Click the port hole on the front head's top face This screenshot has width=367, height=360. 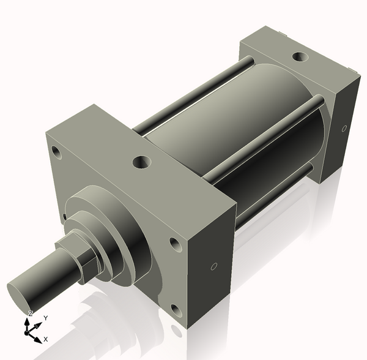[142, 162]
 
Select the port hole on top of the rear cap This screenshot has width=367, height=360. [300, 57]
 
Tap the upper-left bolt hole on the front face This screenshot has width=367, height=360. [56, 151]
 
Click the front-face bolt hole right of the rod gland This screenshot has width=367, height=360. [175, 246]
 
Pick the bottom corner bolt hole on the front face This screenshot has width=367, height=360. [176, 310]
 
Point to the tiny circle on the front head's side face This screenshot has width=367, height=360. [213, 266]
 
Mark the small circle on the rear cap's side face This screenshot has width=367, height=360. [344, 129]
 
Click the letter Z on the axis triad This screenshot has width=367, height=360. [31, 313]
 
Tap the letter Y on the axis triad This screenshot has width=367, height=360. [45, 318]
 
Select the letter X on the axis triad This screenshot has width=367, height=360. [46, 339]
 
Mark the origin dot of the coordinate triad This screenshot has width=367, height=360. [27, 331]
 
